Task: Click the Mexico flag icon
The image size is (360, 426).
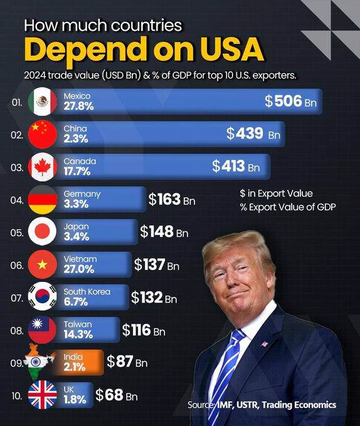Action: coord(43,101)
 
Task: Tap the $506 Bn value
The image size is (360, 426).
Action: coord(290,101)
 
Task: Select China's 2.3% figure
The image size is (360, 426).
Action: coord(76,139)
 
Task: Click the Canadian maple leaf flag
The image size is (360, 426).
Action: coord(43,167)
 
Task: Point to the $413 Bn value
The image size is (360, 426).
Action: coord(236,166)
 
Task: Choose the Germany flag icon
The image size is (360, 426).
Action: coord(43,199)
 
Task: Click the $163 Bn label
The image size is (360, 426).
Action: coord(172,199)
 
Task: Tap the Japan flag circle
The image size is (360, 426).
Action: coord(43,232)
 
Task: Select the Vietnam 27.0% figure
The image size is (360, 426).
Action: coord(79,269)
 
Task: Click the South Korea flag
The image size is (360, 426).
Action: coord(43,296)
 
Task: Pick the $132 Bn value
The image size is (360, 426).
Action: coord(154,298)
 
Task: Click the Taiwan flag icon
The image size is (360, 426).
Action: coord(43,330)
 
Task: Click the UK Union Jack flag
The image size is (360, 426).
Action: coord(43,395)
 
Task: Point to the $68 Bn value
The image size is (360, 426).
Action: coord(117,395)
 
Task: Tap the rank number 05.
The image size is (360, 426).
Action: coord(16,233)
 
